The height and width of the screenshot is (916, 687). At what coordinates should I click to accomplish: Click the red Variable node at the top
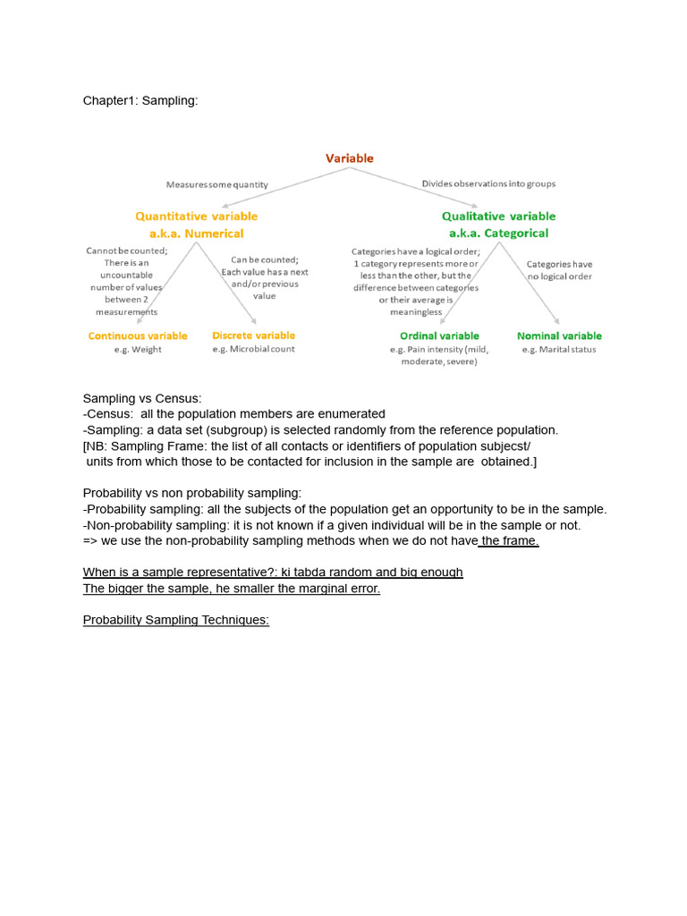tap(349, 158)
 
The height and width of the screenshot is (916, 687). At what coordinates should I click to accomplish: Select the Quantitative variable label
tap(196, 216)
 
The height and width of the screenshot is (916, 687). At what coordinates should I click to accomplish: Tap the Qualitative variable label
tap(498, 216)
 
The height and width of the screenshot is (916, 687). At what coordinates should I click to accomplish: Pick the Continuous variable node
tap(138, 336)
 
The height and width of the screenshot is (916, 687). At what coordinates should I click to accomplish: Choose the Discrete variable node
tap(253, 336)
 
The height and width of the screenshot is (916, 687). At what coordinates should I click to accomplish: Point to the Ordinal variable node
tap(439, 336)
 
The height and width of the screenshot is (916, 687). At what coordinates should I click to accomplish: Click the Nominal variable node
tap(559, 336)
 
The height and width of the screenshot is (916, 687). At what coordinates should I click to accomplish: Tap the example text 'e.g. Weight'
tap(138, 350)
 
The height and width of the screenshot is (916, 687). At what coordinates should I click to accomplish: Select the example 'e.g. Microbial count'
tap(253, 350)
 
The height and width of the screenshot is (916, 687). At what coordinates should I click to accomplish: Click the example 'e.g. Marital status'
tap(559, 350)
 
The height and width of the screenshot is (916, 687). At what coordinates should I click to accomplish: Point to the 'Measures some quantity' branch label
tap(216, 185)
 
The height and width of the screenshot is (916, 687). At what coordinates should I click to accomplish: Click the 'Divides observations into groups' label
tap(488, 184)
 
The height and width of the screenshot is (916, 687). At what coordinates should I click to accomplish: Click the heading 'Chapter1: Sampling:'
tap(140, 101)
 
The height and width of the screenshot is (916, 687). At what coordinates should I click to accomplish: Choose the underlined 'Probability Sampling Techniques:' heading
tap(176, 620)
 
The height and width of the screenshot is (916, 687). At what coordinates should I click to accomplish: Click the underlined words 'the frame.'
tap(510, 541)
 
